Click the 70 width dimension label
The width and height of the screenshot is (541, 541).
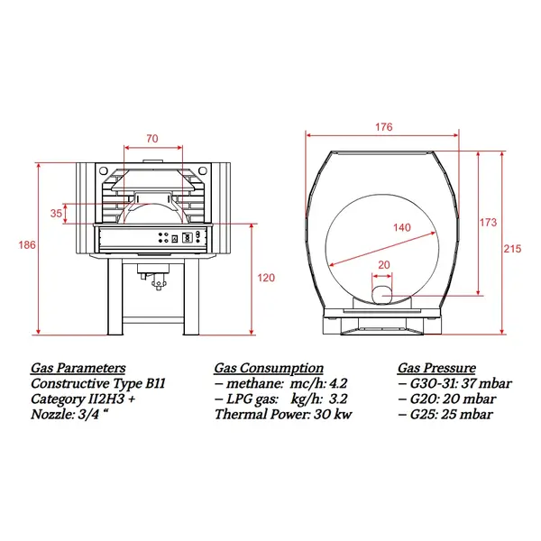151,139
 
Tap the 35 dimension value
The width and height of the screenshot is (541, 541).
56,214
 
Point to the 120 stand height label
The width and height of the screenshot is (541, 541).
266,278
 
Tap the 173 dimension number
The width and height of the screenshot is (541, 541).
488,222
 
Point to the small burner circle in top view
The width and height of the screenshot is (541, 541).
381,292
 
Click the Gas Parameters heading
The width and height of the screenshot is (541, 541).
78,368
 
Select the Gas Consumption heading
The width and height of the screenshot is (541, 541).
269,368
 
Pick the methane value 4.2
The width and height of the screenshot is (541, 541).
337,383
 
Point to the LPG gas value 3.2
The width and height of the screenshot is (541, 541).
337,399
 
